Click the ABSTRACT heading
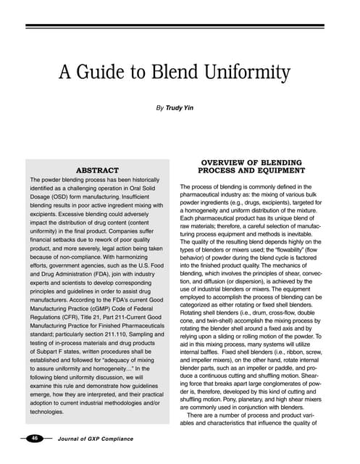(x=97, y=170)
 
